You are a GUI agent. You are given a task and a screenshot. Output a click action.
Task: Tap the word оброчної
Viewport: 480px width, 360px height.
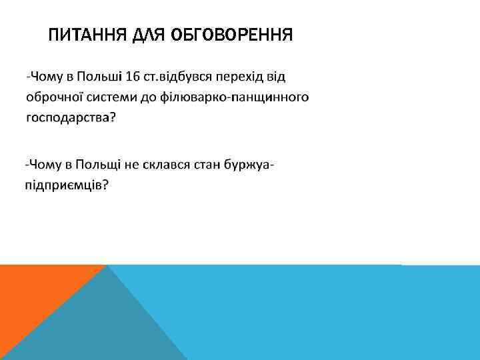(x=51, y=98)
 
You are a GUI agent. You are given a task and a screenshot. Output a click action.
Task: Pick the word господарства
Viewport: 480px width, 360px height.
(x=69, y=118)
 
